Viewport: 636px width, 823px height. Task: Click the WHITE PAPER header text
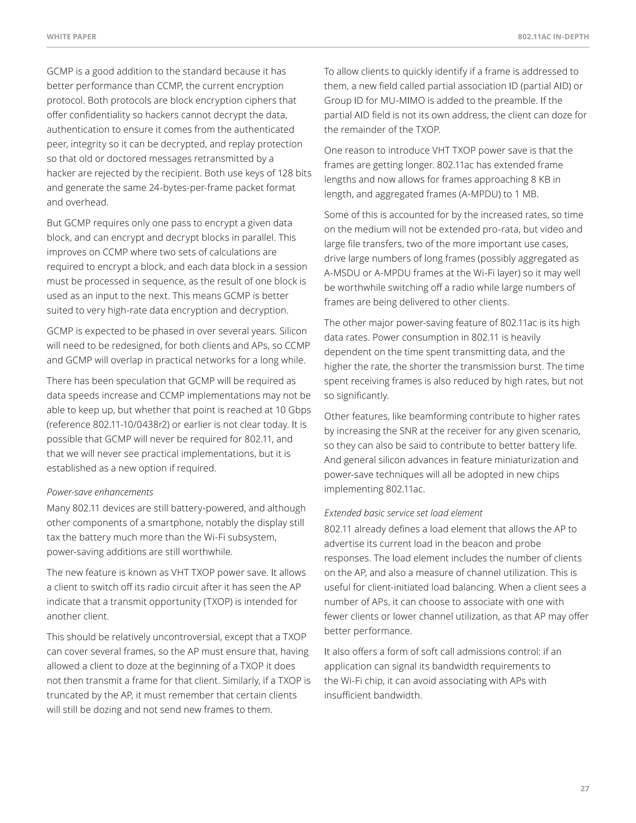coord(71,37)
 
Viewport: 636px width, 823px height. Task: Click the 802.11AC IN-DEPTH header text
coord(553,37)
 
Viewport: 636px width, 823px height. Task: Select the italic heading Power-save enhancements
coord(100,492)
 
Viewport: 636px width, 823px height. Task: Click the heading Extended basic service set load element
coord(403,513)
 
